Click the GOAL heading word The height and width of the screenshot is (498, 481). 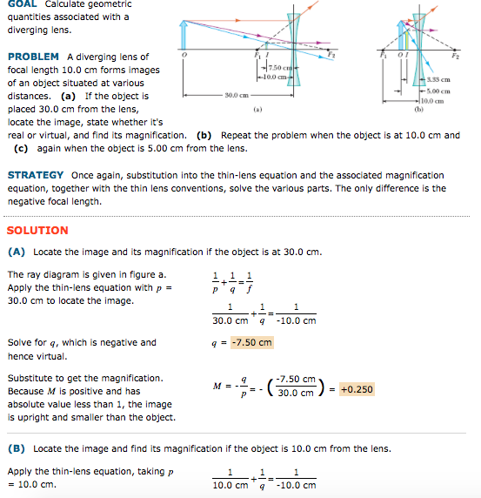pyautogui.click(x=22, y=4)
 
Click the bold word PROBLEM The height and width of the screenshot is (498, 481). pyautogui.click(x=32, y=57)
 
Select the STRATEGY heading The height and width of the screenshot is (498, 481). pyautogui.click(x=35, y=175)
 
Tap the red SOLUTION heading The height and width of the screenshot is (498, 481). pyautogui.click(x=37, y=231)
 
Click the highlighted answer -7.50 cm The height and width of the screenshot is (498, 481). pyautogui.click(x=252, y=342)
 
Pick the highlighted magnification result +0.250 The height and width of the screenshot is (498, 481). pyautogui.click(x=357, y=389)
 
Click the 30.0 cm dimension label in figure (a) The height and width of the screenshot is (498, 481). pyautogui.click(x=237, y=93)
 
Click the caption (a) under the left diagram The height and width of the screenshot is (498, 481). pyautogui.click(x=257, y=110)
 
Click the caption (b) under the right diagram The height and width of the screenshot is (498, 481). pyautogui.click(x=418, y=110)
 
